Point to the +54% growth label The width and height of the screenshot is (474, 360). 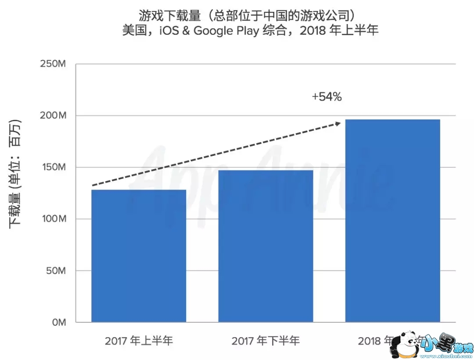327,97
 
